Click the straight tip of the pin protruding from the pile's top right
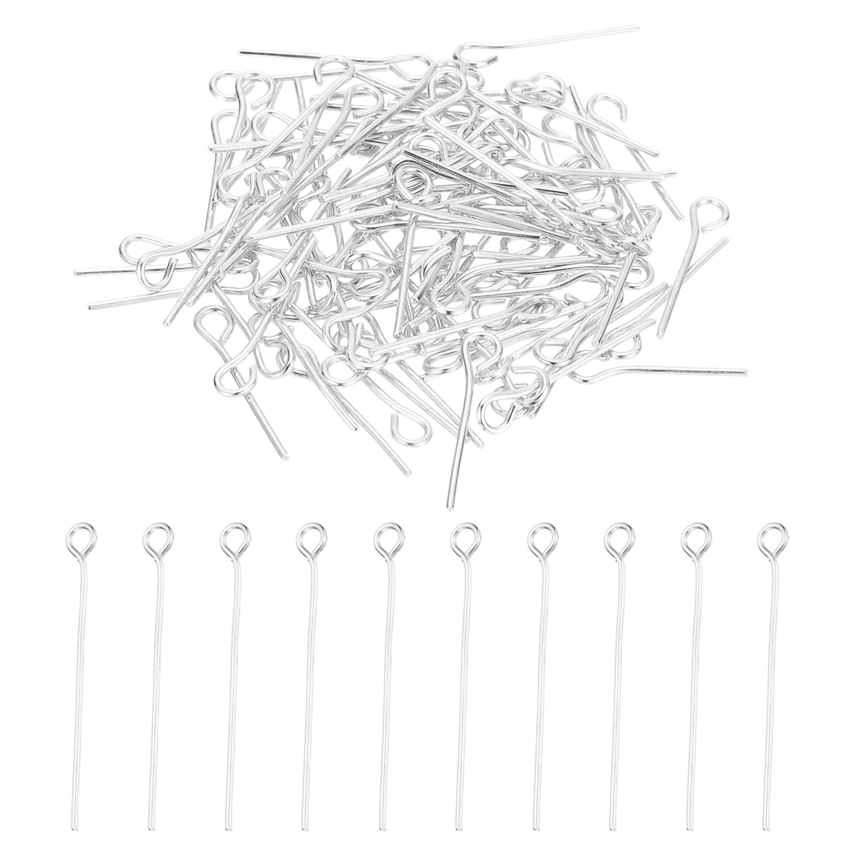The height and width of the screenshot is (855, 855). (638, 26)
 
